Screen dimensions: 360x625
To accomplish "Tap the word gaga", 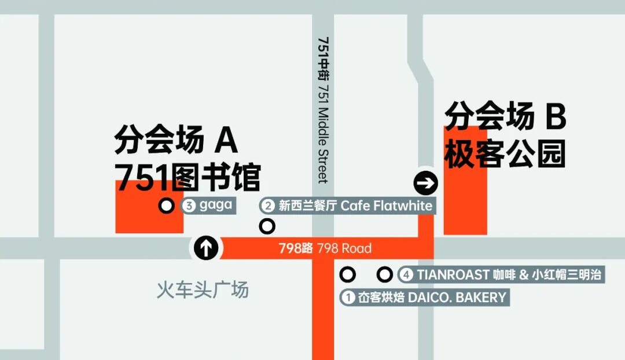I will pos(215,205).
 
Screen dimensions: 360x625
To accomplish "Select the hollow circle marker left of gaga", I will pos(167,205).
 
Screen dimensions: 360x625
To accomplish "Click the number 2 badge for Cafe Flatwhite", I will pos(268,205).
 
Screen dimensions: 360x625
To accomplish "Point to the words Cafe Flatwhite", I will pos(386,205).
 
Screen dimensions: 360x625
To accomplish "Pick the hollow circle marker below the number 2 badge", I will pos(267,226).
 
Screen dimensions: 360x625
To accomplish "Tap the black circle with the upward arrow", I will pos(205,248).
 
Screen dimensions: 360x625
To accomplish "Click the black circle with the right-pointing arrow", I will pos(426,184).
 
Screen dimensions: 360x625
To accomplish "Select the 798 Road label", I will pos(325,248).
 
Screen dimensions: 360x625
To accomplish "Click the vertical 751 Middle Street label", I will pos(323,110).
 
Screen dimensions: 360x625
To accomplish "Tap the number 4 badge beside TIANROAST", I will pos(407,275).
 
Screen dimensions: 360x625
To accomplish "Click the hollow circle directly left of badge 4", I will pos(384,274).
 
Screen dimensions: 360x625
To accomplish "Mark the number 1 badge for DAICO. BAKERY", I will pos(348,297).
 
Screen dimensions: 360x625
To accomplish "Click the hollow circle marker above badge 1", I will pos(347,274).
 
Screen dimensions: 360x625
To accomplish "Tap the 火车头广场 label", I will pos(203,289).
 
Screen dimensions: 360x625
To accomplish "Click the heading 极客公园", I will pos(505,155).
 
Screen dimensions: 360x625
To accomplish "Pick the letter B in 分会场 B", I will pos(554,118).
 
